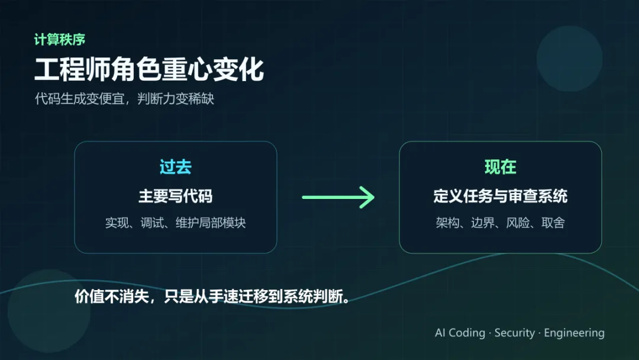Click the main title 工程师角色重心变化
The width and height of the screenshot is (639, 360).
tap(149, 70)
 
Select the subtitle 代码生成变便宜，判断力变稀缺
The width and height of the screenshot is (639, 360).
tap(124, 99)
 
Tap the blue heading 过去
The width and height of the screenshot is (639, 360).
tap(175, 168)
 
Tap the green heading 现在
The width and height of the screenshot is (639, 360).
tap(500, 168)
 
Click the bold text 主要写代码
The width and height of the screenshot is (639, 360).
tap(175, 196)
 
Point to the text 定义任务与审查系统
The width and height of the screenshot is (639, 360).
tap(500, 196)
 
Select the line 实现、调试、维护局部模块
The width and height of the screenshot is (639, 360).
tap(175, 223)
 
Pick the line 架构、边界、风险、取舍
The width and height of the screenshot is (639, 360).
tap(500, 223)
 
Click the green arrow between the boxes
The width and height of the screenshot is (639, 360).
tap(338, 197)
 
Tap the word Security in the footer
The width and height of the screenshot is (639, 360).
tap(514, 333)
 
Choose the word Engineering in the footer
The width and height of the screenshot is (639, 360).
tap(574, 333)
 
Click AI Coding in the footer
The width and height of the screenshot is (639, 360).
tap(460, 333)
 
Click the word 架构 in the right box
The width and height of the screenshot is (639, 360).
tap(447, 223)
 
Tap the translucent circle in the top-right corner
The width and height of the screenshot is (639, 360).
tap(569, 59)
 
